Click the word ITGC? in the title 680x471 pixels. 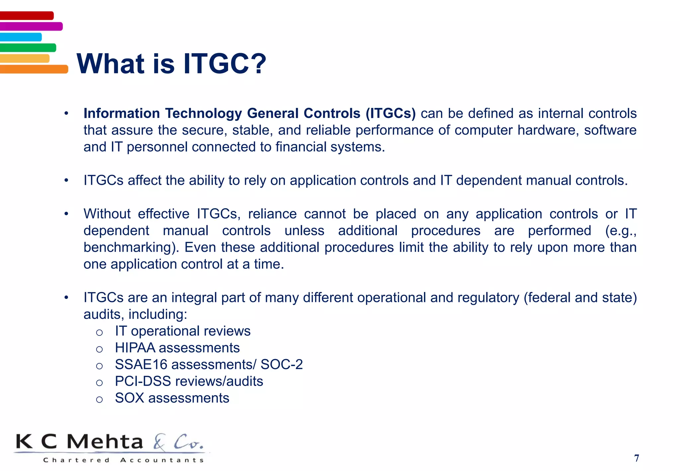224,64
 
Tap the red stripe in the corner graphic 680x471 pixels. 27,16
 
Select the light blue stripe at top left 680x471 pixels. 21,37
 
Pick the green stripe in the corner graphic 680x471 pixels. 28,47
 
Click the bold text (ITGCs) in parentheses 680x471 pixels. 390,113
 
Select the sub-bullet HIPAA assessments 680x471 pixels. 177,348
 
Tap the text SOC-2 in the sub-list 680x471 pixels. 282,364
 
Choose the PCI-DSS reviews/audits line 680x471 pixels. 189,381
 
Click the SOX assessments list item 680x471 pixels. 172,398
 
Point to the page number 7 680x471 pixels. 636,458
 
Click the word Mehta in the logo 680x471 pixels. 105,442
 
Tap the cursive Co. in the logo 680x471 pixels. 188,442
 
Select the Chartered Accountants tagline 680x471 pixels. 123,460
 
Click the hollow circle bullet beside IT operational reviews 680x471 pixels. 99,332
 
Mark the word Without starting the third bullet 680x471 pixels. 107,214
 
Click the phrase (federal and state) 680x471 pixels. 580,298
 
